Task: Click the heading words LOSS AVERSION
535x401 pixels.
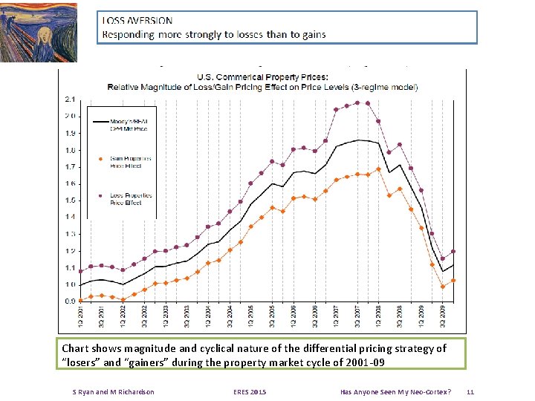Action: [x=137, y=21]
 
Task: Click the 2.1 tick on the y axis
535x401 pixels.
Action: [x=69, y=99]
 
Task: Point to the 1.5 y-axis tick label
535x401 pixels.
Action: [x=69, y=200]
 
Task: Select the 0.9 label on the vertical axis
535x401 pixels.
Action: [x=69, y=301]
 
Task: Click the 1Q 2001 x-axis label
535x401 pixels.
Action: [x=80, y=318]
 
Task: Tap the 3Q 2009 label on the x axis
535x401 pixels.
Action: [x=443, y=318]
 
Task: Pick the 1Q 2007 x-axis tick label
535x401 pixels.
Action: [x=336, y=318]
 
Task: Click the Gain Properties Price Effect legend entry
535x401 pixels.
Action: [x=130, y=161]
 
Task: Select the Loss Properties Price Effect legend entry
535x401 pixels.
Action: [x=130, y=198]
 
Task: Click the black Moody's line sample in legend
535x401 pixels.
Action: [x=100, y=121]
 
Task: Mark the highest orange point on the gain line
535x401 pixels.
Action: [x=378, y=169]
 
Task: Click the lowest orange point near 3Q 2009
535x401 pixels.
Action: [x=443, y=287]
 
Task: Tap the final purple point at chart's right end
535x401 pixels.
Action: [x=453, y=251]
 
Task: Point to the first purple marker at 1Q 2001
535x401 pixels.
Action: [x=80, y=271]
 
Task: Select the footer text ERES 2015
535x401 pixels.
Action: [x=249, y=391]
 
